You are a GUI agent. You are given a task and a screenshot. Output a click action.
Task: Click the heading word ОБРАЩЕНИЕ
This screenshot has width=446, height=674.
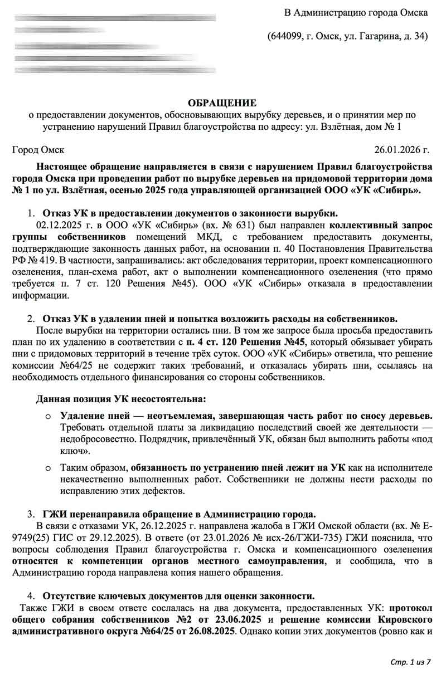click(x=222, y=103)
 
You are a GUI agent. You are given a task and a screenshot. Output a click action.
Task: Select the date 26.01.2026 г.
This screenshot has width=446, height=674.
click(x=403, y=150)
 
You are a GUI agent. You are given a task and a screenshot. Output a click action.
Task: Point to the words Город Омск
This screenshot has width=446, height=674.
click(x=38, y=150)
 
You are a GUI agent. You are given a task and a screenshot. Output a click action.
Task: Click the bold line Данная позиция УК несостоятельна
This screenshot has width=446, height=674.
click(x=121, y=399)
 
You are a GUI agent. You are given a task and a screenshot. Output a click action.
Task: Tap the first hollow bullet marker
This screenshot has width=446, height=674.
click(x=48, y=417)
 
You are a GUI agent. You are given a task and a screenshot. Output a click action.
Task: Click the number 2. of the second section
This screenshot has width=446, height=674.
click(x=31, y=319)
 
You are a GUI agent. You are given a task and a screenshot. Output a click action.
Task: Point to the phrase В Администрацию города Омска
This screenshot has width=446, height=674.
click(x=357, y=12)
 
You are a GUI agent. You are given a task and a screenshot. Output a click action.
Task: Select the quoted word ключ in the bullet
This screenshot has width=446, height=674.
click(x=70, y=451)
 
